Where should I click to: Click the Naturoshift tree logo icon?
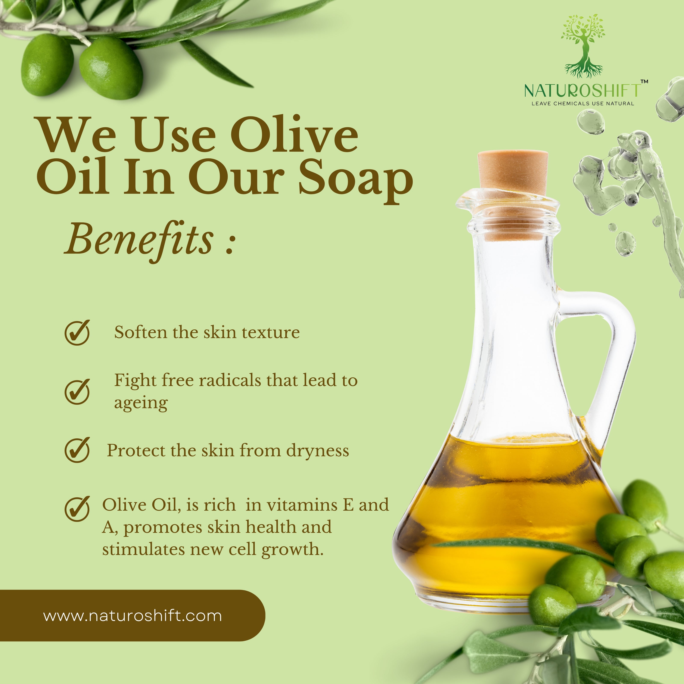point(582,46)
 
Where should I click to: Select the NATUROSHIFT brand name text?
point(582,91)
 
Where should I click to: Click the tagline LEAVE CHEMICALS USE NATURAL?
point(583,103)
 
